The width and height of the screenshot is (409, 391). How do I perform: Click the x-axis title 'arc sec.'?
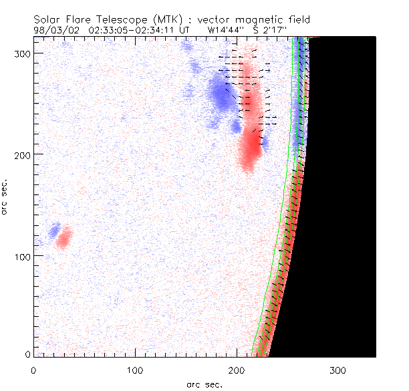click(204, 384)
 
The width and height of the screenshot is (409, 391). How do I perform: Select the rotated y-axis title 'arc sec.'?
click(7, 197)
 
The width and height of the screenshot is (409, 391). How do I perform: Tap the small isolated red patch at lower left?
click(63, 238)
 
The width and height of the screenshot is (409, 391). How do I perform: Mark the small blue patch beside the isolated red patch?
click(53, 231)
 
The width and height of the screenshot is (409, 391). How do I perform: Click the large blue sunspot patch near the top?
click(219, 94)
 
